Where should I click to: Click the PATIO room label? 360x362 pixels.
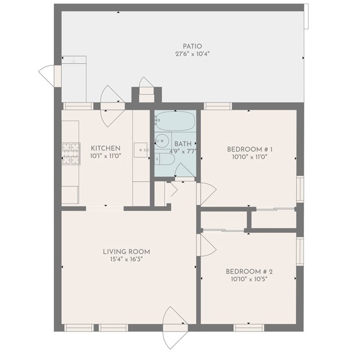192,46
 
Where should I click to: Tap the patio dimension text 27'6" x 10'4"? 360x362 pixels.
192,54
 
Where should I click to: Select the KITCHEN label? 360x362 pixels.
106,148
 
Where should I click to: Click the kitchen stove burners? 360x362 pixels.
71,153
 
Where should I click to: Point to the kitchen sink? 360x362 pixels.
141,150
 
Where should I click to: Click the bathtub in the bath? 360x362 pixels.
175,121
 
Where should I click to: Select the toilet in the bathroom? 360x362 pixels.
165,160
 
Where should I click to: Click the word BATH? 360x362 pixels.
183,144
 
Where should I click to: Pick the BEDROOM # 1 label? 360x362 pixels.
250,149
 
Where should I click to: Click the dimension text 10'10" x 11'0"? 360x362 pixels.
250,157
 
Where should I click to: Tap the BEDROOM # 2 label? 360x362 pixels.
249,271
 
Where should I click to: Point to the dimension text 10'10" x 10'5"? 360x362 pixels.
249,279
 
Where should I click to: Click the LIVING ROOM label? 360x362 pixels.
126,252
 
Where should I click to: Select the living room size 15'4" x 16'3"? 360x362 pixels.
126,260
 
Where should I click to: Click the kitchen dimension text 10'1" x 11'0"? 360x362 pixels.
106,156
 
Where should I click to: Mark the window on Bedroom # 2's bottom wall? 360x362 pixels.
249,327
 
